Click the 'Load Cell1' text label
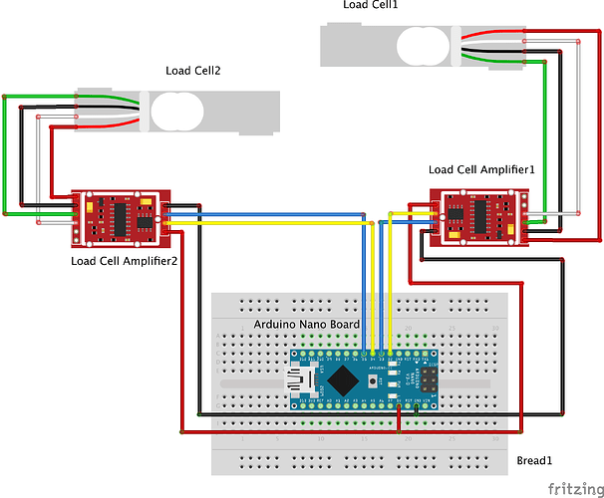coord(370,5)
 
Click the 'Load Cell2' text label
coord(192,71)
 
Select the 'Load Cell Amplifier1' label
coord(481,171)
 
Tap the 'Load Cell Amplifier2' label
coord(125,261)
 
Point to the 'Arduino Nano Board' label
coord(306,325)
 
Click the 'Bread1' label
coord(535,460)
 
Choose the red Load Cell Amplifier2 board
coord(120,218)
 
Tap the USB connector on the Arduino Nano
coord(300,378)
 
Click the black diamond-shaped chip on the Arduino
coord(345,378)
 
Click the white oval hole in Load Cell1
coord(424,44)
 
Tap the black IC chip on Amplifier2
coord(120,216)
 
